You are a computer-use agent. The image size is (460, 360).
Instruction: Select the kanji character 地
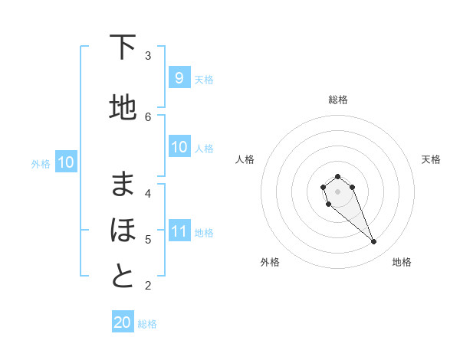[x=123, y=108]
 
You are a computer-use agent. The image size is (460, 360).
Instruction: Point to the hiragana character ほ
[x=123, y=229]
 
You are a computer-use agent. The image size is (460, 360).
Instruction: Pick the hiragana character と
[x=123, y=277]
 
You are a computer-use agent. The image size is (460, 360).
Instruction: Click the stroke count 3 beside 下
[x=148, y=55]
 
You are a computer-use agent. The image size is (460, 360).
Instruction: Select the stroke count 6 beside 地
[x=148, y=116]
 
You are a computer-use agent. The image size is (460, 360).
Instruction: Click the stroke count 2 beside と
[x=148, y=286]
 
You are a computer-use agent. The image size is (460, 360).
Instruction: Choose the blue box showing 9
[x=179, y=78]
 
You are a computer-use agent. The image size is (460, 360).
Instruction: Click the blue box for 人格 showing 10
[x=179, y=147]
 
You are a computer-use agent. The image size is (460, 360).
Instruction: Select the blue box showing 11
[x=179, y=231]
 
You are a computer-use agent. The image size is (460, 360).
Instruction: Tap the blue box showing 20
[x=123, y=322]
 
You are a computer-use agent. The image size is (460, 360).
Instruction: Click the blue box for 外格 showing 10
[x=66, y=162]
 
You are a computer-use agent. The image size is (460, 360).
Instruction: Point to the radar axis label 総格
[x=337, y=100]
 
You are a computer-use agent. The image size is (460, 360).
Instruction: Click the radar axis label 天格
[x=431, y=159]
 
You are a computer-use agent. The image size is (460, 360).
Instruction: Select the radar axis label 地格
[x=402, y=262]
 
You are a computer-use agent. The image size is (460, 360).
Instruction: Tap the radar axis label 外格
[x=270, y=262]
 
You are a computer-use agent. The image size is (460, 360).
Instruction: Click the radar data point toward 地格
[x=373, y=242]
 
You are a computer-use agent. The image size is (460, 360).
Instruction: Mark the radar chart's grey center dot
[x=337, y=191]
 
